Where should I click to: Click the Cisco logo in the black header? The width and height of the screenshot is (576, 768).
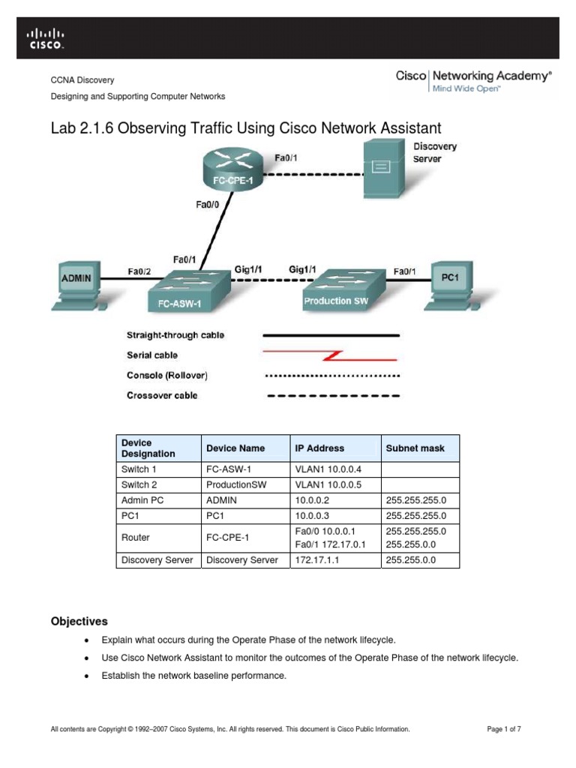(x=46, y=37)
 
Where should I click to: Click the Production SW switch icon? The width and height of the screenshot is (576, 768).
(x=339, y=290)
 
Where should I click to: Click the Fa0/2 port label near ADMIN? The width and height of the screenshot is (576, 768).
(x=139, y=271)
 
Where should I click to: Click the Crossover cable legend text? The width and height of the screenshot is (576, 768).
(x=162, y=395)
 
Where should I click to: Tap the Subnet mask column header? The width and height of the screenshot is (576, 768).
(x=415, y=448)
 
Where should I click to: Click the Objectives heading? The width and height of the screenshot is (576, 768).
(x=79, y=622)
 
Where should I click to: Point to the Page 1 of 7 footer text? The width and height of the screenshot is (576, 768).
(x=504, y=729)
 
